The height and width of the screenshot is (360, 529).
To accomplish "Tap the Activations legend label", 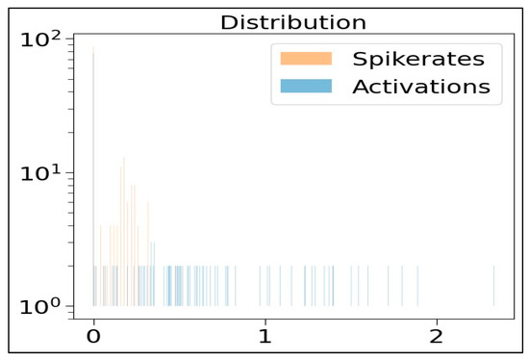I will coord(421,87).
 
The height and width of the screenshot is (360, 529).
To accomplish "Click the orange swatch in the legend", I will coord(305,58).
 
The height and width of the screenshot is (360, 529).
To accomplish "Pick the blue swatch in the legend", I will coord(305,87).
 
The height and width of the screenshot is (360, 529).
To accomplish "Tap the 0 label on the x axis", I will coord(93,338).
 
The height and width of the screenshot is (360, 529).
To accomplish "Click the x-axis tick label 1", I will coord(265,338).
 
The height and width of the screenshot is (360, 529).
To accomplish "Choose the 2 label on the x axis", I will coord(437,338).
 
